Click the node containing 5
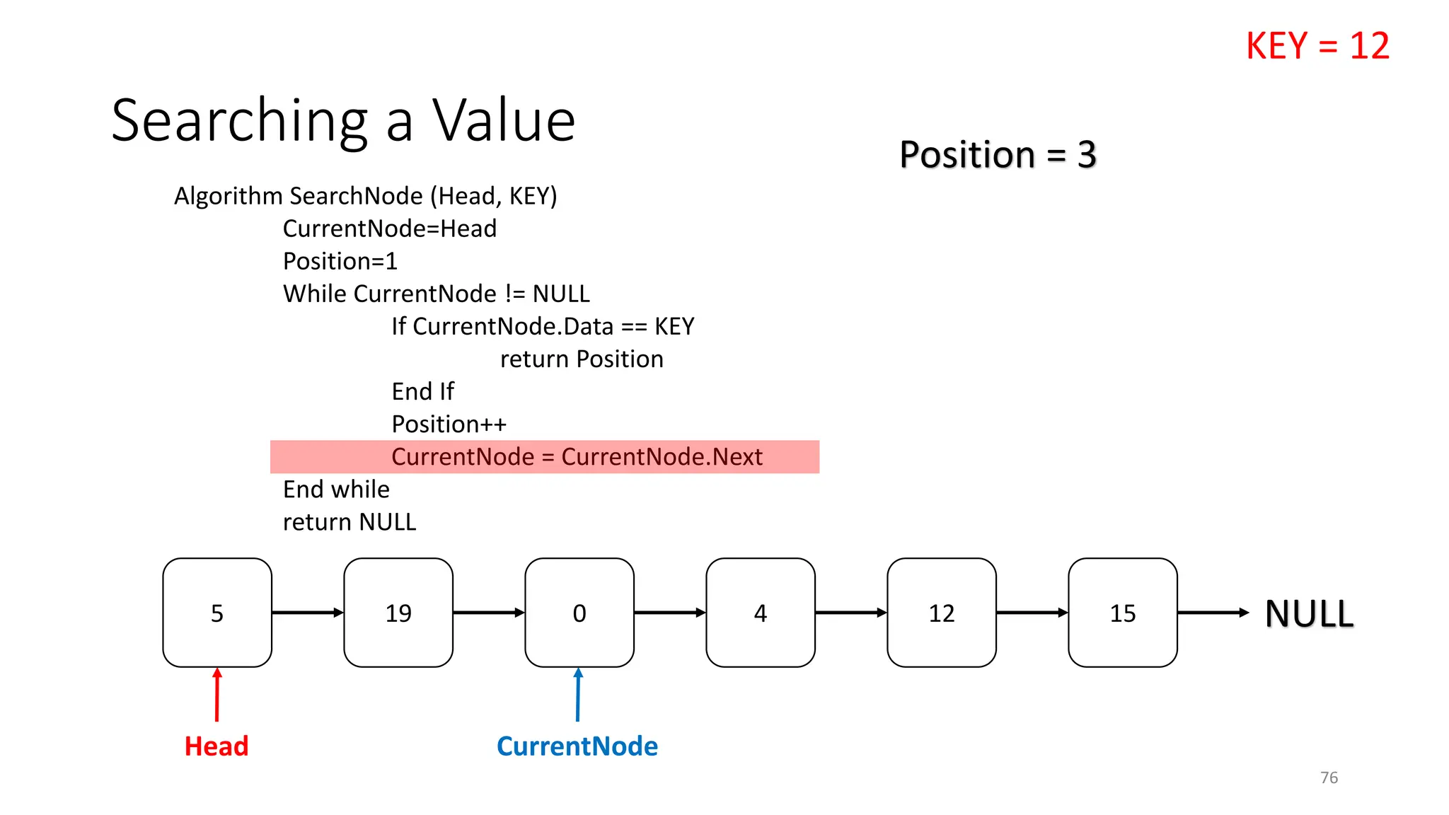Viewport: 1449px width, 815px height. coord(217,613)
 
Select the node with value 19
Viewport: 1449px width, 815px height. coord(398,613)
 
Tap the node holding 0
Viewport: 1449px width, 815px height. coord(579,613)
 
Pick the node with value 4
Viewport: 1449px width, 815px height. coord(761,613)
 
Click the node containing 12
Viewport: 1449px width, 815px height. coord(942,613)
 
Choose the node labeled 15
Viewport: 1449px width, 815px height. coord(1123,613)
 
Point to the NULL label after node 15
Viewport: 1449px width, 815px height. coord(1309,613)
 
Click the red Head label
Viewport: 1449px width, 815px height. coord(217,746)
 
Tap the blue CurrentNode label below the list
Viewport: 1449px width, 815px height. coord(577,746)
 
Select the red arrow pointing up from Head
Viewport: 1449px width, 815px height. coord(217,695)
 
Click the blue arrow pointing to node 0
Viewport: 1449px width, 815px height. coord(578,695)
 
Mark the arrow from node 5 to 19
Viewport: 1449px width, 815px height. coord(308,613)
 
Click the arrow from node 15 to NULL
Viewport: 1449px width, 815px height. coord(1213,613)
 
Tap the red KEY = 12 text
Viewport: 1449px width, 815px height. coord(1317,46)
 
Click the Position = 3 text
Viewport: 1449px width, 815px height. coord(998,154)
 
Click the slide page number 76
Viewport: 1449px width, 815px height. coord(1329,778)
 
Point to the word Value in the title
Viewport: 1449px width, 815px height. coord(504,120)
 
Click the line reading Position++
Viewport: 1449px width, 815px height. coord(449,424)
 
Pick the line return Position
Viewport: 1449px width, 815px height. coord(582,359)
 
